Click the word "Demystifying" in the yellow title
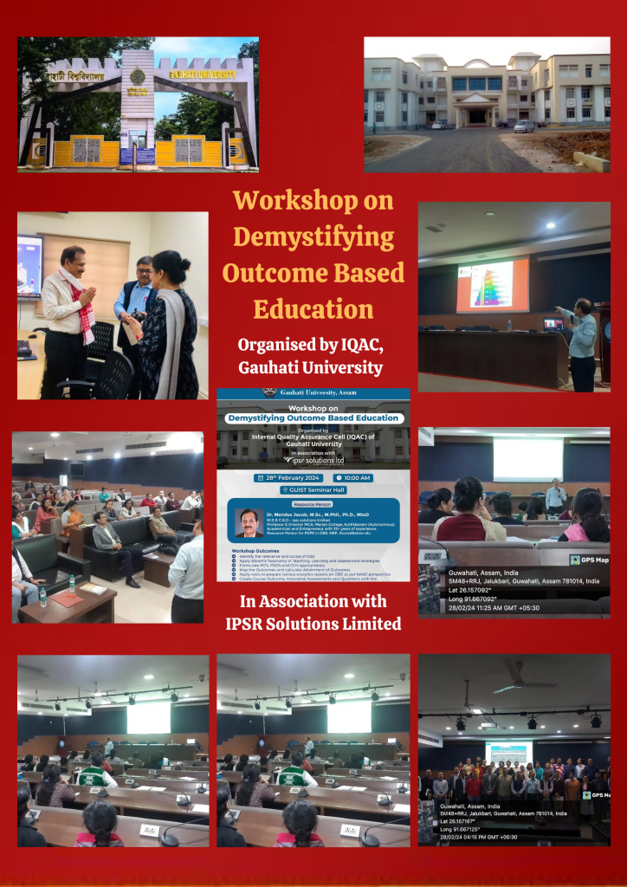(313, 236)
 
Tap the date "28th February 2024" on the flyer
(288, 478)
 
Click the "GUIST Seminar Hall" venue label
(313, 489)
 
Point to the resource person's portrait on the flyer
(249, 523)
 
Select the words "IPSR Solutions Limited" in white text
(313, 623)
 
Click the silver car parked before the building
(524, 126)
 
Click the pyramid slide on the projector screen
(492, 285)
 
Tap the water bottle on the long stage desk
(508, 324)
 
